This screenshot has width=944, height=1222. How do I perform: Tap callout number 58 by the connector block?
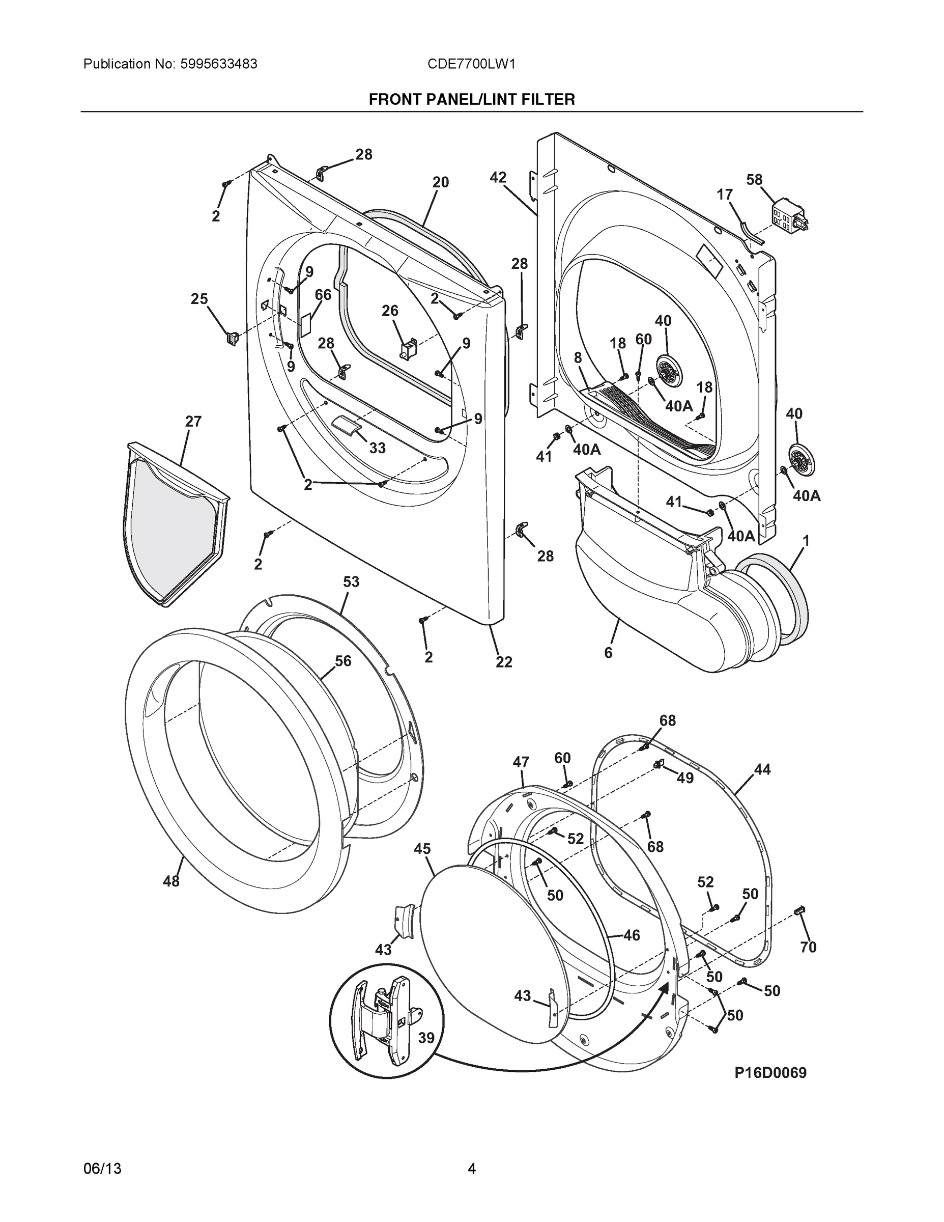coord(754,180)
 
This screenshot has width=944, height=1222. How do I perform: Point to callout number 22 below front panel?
coord(503,662)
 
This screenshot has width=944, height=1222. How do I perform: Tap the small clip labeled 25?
coord(232,338)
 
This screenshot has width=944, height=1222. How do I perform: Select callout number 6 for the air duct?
coord(608,652)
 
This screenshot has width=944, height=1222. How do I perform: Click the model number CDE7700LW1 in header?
coord(471,64)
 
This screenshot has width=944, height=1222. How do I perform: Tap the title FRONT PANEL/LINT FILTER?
coord(471,100)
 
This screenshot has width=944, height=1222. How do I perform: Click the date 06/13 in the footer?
coord(102,1169)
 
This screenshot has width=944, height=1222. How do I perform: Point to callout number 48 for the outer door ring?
coord(171,881)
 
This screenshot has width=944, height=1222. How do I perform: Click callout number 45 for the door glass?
coord(422,849)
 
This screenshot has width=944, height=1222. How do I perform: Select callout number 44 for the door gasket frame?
coord(762,770)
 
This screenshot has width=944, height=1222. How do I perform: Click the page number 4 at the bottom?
coord(471,1169)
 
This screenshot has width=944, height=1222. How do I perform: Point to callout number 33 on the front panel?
coord(377,448)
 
